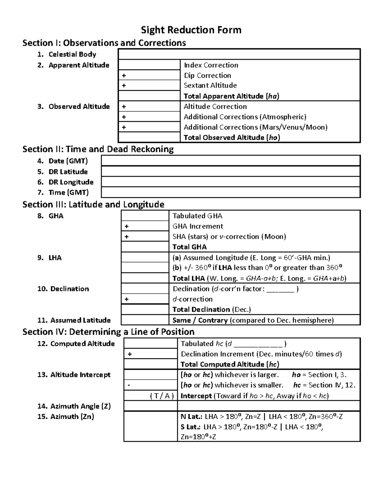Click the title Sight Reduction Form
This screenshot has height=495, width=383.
pyautogui.click(x=191, y=30)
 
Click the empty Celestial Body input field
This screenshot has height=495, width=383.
pyautogui.click(x=239, y=54)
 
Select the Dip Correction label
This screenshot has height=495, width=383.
pyautogui.click(x=207, y=76)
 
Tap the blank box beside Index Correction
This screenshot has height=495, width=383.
pyautogui.click(x=149, y=65)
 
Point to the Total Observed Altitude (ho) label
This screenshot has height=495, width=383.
pyautogui.click(x=232, y=138)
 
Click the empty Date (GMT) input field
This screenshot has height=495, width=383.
pyautogui.click(x=231, y=161)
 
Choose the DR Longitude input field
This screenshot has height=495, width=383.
pyautogui.click(x=231, y=182)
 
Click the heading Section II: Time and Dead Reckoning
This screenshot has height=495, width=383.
pyautogui.click(x=98, y=149)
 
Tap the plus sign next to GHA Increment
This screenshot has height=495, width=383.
pyautogui.click(x=127, y=226)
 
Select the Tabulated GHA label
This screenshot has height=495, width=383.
pyautogui.click(x=197, y=216)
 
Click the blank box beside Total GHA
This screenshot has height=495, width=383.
pyautogui.click(x=145, y=247)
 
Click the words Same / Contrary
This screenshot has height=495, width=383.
pyautogui.click(x=200, y=320)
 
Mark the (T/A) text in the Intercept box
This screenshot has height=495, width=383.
pyautogui.click(x=162, y=396)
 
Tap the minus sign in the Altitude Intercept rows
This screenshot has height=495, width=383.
pyautogui.click(x=129, y=385)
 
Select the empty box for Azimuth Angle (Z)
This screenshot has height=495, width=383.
pyautogui.click(x=150, y=406)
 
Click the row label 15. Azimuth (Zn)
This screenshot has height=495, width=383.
pyautogui.click(x=65, y=416)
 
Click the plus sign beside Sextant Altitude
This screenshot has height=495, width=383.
pyautogui.click(x=124, y=85)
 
